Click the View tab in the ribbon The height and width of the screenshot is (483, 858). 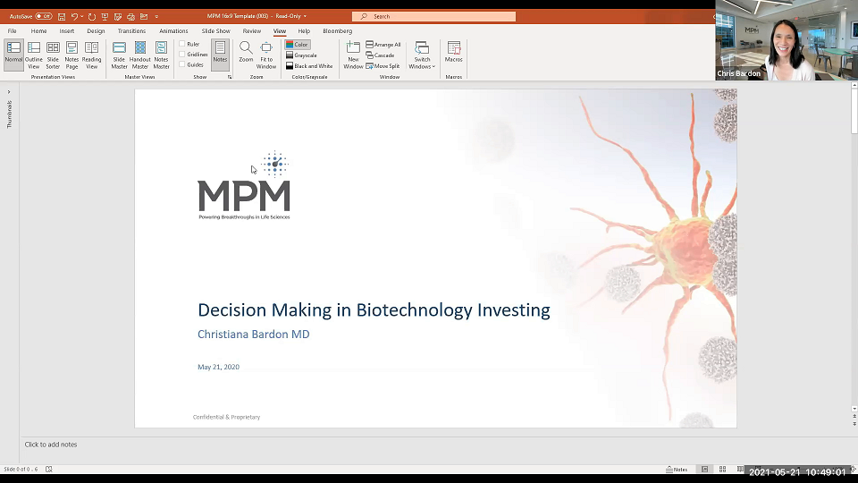point(280,31)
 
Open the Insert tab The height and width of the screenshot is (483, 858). point(67,31)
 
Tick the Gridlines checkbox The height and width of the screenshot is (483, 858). point(183,55)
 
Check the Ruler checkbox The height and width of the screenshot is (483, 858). point(183,44)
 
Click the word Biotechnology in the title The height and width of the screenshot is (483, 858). point(414,310)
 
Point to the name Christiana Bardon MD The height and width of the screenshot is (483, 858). point(254,335)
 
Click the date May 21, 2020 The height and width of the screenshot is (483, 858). point(218,367)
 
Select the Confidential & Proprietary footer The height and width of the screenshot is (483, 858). point(227,417)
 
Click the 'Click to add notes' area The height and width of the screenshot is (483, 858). point(51,445)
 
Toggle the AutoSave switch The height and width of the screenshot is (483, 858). point(44,16)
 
